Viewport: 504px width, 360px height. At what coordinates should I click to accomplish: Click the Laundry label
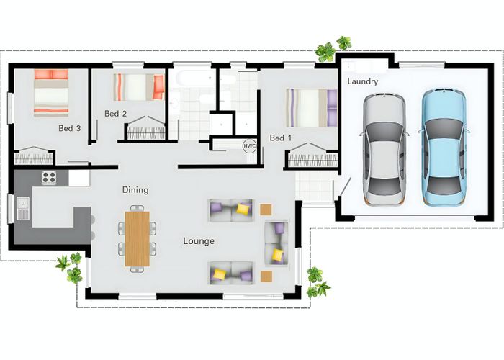[363, 81]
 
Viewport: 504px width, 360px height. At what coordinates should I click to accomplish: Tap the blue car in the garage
[444, 148]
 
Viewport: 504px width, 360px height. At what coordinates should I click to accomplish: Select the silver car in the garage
[384, 150]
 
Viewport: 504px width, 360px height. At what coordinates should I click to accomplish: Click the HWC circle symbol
[249, 146]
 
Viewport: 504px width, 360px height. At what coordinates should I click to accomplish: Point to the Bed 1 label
[281, 138]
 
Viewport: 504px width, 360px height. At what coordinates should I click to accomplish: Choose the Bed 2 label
[116, 114]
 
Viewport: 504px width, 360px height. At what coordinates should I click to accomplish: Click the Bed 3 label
[69, 128]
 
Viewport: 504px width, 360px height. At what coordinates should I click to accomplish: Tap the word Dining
[135, 190]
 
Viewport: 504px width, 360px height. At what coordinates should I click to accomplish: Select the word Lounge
[199, 241]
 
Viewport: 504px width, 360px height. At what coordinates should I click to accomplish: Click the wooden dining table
[138, 239]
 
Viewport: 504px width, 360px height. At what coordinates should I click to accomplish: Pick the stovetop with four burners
[49, 177]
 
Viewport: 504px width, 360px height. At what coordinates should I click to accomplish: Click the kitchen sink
[23, 209]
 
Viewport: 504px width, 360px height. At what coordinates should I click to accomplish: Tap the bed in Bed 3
[51, 93]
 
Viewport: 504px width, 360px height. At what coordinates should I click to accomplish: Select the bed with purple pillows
[312, 108]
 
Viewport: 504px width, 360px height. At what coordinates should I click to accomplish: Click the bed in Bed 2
[139, 87]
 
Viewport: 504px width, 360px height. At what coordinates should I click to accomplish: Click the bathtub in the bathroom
[192, 78]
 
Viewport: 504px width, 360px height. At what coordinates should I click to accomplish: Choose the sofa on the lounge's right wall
[276, 243]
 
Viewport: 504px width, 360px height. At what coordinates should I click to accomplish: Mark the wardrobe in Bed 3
[33, 156]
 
